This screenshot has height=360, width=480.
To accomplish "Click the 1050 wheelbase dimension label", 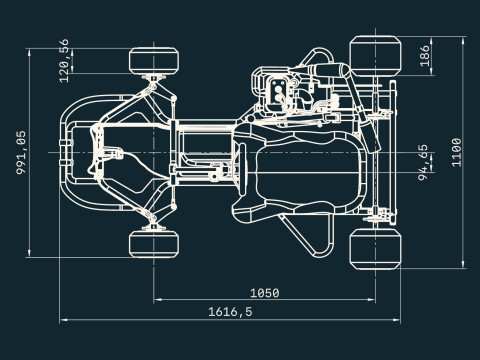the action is tap(265, 293).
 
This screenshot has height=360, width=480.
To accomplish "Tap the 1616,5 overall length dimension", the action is tap(230, 312).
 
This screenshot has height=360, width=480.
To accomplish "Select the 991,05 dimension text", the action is tap(21, 152).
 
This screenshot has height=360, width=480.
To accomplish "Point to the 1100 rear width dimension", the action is tap(456, 152).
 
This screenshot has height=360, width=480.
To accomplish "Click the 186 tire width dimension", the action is tap(424, 56).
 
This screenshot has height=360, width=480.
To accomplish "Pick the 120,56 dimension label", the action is tap(64, 61).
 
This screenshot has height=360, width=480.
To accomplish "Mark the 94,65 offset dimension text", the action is tap(423, 162).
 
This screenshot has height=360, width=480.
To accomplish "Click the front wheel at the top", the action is tap(154, 61).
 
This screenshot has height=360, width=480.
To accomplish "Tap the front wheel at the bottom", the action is tap(154, 244).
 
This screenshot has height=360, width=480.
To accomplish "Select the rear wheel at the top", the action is tap(375, 56).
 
